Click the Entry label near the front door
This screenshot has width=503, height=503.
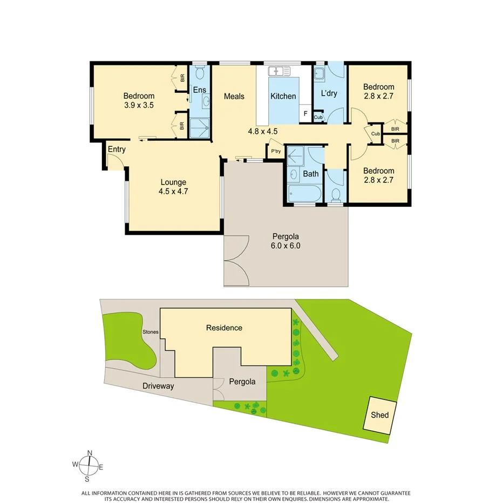(117, 149)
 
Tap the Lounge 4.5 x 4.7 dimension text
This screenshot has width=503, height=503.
(173, 191)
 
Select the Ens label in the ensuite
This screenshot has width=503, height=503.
(200, 91)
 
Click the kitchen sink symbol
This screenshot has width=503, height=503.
(278, 70)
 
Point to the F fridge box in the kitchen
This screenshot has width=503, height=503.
(305, 114)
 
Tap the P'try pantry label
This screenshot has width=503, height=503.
(276, 151)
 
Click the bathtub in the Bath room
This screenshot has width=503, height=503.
(304, 193)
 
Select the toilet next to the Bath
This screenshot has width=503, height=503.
(335, 194)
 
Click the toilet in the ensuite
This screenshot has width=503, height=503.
(199, 73)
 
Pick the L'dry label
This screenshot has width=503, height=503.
(329, 93)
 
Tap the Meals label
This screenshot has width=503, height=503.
(234, 96)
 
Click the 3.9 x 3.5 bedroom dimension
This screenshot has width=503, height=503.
(139, 106)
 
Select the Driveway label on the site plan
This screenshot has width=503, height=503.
(158, 386)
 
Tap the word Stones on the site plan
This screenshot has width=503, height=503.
(151, 332)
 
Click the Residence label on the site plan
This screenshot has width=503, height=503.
(224, 328)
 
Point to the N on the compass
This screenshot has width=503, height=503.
(90, 453)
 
